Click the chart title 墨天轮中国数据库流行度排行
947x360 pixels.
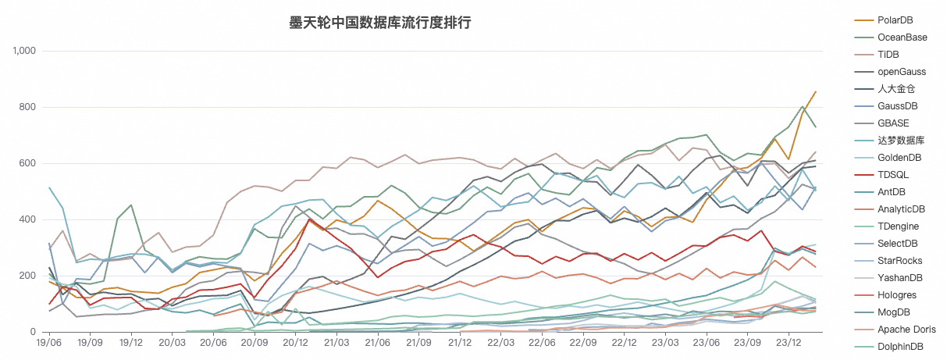pyautogui.click(x=380, y=23)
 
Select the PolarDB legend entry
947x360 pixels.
pyautogui.click(x=895, y=20)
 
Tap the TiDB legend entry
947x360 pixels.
pyautogui.click(x=888, y=54)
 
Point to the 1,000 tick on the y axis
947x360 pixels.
pyautogui.click(x=25, y=51)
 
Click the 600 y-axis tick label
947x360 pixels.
pyautogui.click(x=29, y=163)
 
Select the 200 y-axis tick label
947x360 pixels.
pyautogui.click(x=29, y=276)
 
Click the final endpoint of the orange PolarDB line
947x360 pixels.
pyautogui.click(x=816, y=91)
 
